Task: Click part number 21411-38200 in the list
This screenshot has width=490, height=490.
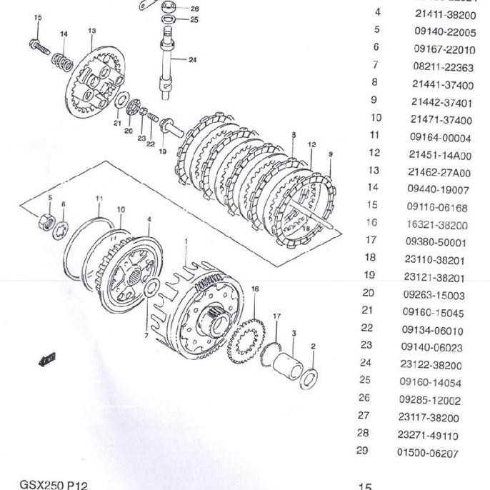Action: tap(445, 14)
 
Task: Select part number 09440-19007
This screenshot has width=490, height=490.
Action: tap(438, 189)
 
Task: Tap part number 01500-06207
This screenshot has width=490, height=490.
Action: tap(427, 453)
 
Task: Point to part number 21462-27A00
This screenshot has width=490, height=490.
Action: tap(439, 172)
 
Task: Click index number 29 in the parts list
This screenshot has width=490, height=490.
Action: tap(362, 451)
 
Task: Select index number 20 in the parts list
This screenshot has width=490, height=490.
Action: tap(368, 292)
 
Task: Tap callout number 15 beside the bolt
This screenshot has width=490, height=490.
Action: tap(38, 17)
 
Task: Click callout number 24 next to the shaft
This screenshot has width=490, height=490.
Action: tap(192, 60)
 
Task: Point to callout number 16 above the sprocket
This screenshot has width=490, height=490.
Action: tap(255, 289)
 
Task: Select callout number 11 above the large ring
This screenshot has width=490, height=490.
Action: tap(99, 198)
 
